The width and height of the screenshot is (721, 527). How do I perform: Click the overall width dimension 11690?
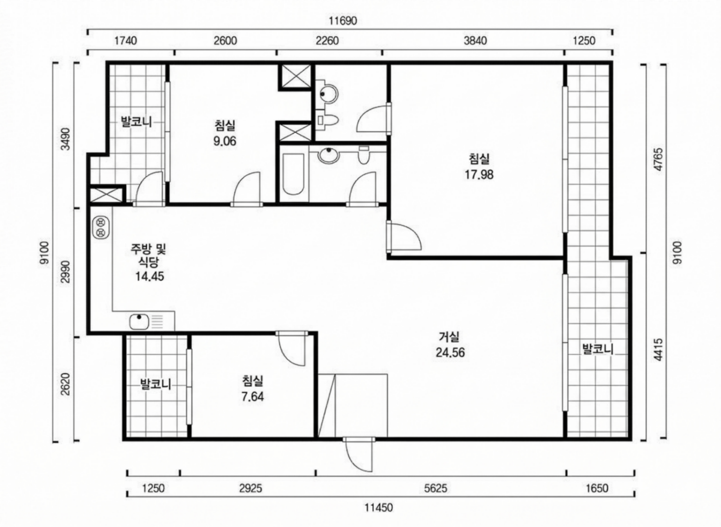343,21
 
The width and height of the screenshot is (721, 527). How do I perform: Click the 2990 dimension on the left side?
66,272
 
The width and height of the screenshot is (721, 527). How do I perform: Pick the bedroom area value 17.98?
479,175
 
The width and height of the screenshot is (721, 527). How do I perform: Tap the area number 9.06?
225,141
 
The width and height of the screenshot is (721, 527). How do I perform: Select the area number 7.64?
253,397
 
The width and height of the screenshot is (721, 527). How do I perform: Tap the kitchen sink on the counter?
139,322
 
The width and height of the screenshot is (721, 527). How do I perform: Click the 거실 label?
449,337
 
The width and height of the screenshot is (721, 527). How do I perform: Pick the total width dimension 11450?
379,507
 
